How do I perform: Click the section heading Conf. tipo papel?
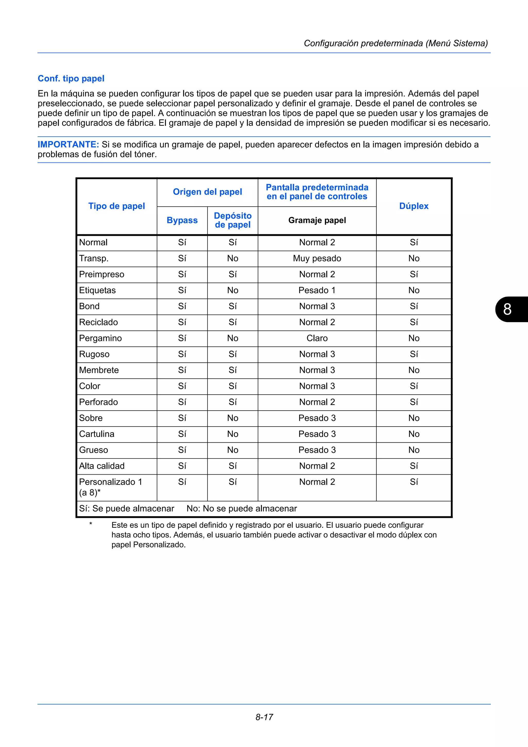(71, 78)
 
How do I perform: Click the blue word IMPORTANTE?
(68, 144)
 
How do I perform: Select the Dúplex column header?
(414, 206)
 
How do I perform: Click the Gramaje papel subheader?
(317, 220)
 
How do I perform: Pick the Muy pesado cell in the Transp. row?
(317, 258)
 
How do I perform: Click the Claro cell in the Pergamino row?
(317, 338)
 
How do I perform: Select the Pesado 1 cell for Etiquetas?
(317, 290)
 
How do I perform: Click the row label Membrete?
(99, 370)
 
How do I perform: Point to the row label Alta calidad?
(102, 466)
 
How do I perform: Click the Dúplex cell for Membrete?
(414, 370)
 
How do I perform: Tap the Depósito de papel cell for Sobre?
(233, 418)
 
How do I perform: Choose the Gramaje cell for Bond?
(317, 306)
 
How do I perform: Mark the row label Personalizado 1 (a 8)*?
(110, 487)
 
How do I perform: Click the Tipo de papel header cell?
(117, 206)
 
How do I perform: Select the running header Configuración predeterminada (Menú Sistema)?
(395, 43)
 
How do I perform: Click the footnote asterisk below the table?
(91, 524)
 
